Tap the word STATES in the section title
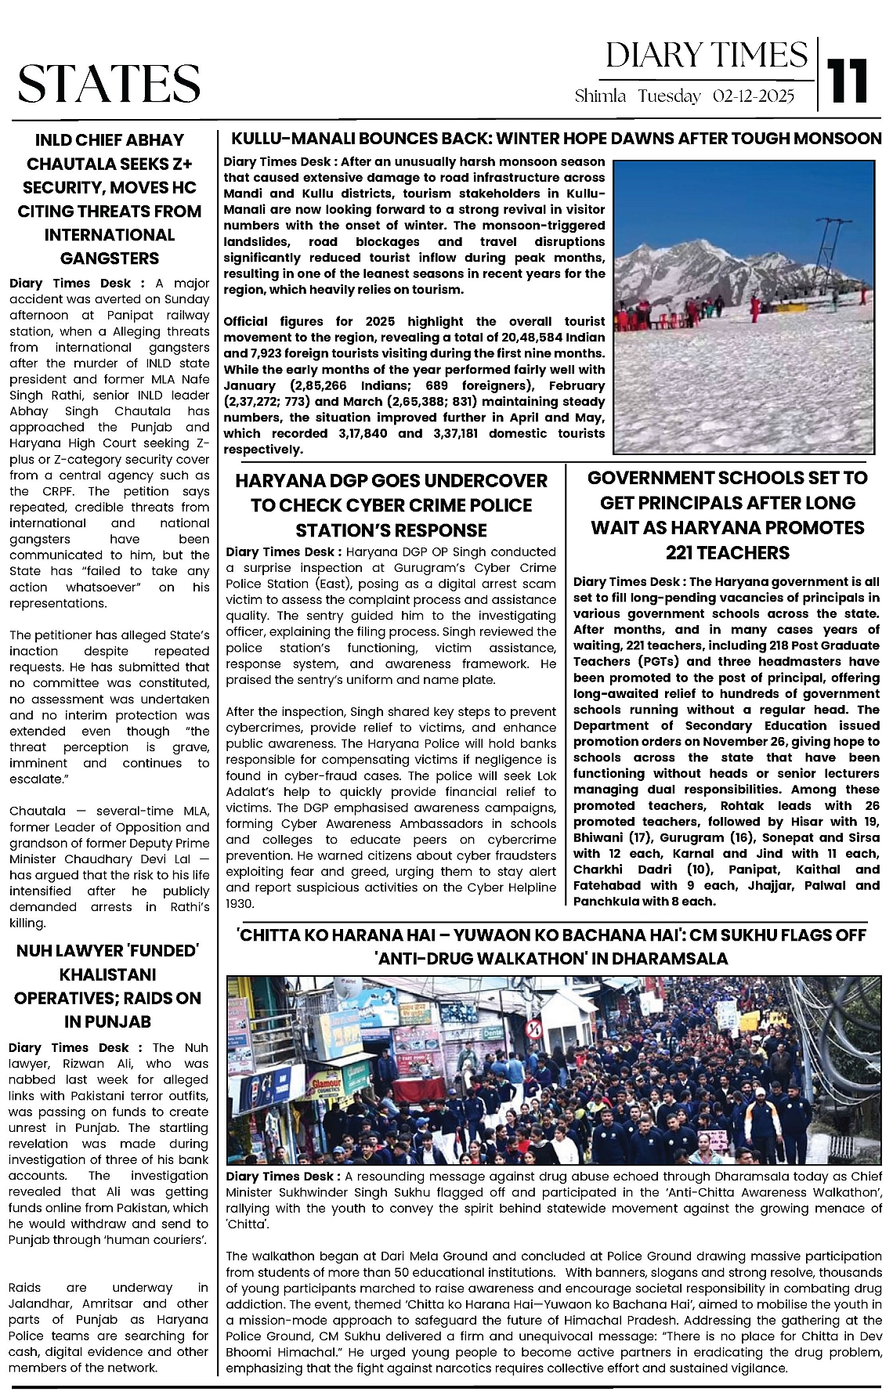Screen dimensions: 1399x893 (x=109, y=84)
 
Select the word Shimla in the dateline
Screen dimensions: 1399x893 (x=600, y=96)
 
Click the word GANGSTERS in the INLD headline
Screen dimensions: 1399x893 (x=110, y=258)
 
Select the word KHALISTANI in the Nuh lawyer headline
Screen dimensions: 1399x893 (x=107, y=974)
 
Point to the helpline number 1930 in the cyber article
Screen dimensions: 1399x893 (x=239, y=904)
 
